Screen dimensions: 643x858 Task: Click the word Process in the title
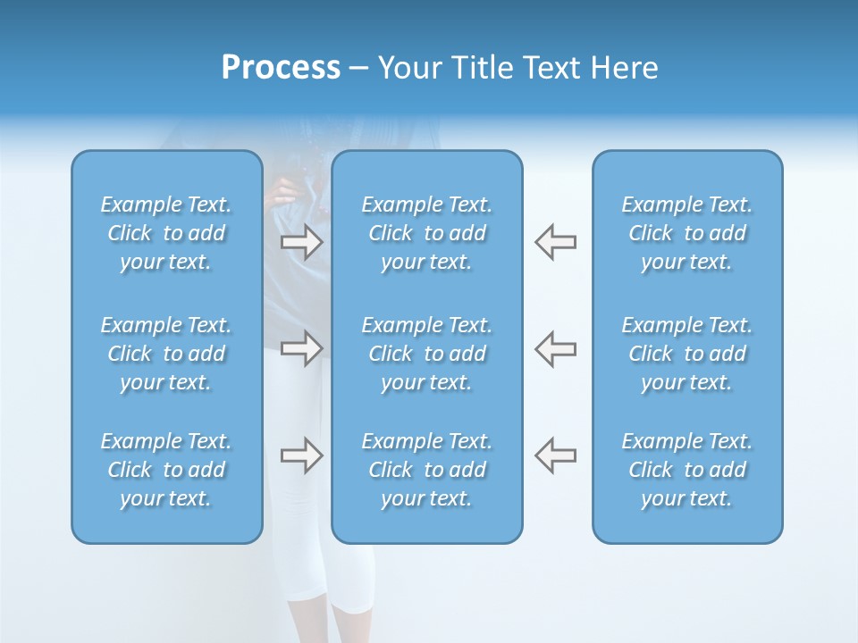(x=281, y=68)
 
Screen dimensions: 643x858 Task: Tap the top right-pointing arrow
(x=301, y=241)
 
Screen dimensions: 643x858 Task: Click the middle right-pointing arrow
(x=301, y=348)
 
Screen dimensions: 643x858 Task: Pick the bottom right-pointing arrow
(x=301, y=455)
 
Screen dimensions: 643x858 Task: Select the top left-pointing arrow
(x=555, y=241)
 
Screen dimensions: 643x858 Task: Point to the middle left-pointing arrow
(x=555, y=348)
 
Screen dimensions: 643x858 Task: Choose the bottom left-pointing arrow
(x=555, y=455)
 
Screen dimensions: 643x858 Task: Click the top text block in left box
(x=166, y=233)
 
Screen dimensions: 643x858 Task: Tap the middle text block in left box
(x=166, y=354)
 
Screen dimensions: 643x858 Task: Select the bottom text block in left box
(x=166, y=470)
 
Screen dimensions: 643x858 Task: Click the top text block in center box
(x=427, y=233)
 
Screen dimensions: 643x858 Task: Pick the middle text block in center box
(x=427, y=354)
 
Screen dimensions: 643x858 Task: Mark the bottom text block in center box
(x=427, y=470)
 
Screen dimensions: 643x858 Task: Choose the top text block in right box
(x=687, y=233)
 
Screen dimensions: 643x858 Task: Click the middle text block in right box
(x=687, y=354)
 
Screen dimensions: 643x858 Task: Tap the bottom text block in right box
(x=687, y=470)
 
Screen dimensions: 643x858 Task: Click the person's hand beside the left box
(x=283, y=189)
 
